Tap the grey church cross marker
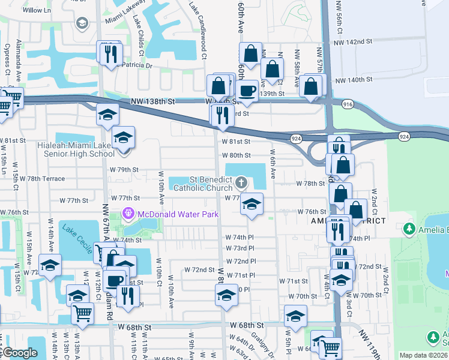click(x=241, y=182)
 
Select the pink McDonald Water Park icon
click(x=127, y=214)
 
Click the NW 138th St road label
click(x=155, y=102)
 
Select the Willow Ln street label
click(x=37, y=11)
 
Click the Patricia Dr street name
click(x=135, y=65)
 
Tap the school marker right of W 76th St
click(x=252, y=205)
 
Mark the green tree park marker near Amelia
click(x=409, y=229)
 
